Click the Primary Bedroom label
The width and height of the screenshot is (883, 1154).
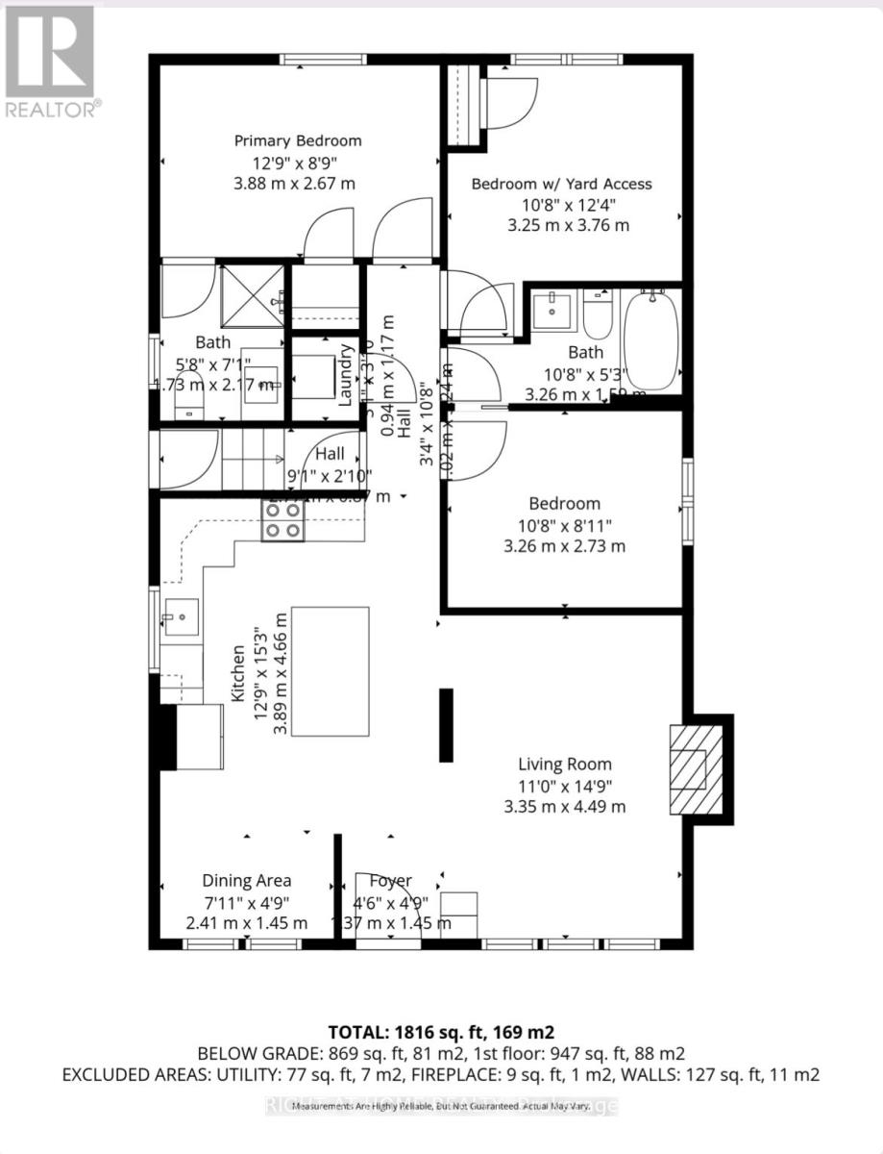[298, 141]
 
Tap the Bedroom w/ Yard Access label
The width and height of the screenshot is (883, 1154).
[561, 184]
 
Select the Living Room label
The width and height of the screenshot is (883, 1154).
[565, 765]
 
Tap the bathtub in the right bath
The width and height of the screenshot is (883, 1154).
[651, 340]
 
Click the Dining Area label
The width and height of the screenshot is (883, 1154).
[246, 880]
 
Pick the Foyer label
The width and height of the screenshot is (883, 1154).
[391, 880]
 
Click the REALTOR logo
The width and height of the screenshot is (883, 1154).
[50, 60]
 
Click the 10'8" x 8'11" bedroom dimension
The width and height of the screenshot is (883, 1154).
[565, 525]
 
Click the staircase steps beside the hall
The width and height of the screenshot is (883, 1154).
[255, 458]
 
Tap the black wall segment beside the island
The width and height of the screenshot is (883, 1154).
[446, 725]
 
